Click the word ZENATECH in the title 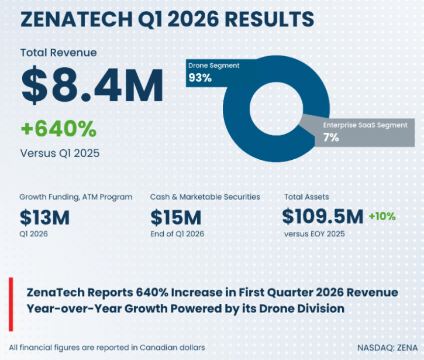77,19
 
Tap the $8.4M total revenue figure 92,85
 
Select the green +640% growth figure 58,129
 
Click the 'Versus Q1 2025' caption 60,153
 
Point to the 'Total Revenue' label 58,53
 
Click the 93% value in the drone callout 200,78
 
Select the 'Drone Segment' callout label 214,66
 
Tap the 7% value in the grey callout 331,137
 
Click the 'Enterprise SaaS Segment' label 366,125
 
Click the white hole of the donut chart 276,109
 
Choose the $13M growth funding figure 44,218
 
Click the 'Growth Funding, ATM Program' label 76,197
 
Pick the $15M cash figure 176,218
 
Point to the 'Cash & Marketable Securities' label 205,197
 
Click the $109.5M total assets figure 323,217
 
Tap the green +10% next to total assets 382,216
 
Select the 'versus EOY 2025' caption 315,234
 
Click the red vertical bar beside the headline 11,304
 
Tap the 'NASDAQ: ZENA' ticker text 388,348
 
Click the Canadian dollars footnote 107,347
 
